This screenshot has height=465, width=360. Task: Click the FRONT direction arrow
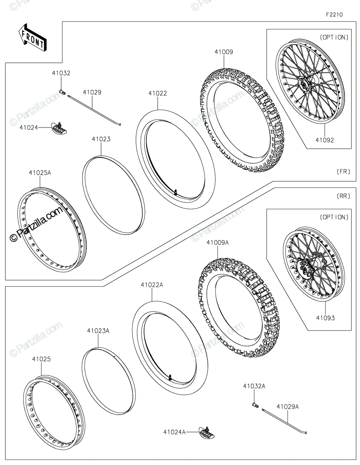(33, 37)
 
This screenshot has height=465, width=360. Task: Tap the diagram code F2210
(334, 15)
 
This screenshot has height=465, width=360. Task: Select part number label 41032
(62, 73)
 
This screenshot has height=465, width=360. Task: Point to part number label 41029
(92, 92)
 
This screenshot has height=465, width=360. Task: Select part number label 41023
(101, 139)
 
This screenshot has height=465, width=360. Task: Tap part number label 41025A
(40, 173)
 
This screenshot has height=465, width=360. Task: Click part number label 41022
(157, 93)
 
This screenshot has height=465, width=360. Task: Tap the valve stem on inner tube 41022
(176, 191)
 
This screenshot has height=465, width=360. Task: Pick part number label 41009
(224, 52)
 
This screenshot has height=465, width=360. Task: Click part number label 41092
(324, 140)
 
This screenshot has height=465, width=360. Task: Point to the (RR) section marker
(343, 196)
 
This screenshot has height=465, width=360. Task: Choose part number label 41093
(325, 318)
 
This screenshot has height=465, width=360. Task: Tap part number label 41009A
(217, 243)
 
